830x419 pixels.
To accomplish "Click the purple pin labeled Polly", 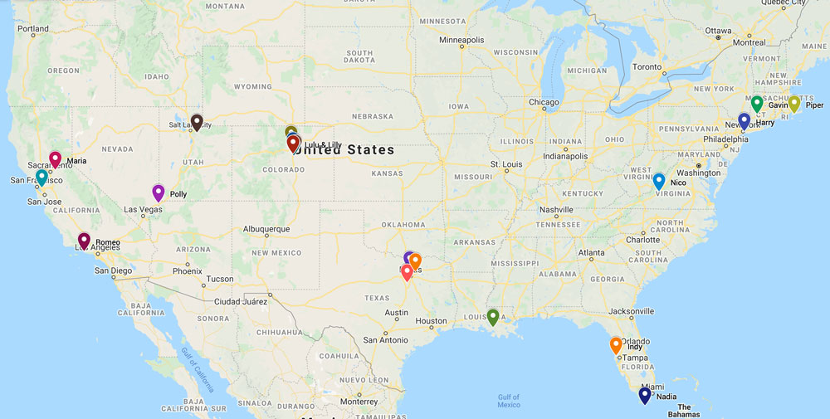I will tap(159, 192).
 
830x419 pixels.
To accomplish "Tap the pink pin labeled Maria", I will tap(56, 159).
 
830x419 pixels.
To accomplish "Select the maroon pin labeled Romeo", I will tap(84, 241).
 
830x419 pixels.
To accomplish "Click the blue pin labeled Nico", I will tap(659, 181).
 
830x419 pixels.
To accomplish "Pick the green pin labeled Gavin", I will tap(757, 104).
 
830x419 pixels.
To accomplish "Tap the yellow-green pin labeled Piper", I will tap(793, 104).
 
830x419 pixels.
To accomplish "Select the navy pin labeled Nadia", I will tap(645, 396).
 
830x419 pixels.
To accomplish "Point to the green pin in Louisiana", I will tap(493, 316).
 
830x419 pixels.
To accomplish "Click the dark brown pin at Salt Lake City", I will tap(197, 122).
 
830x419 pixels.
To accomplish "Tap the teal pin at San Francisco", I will tap(41, 177).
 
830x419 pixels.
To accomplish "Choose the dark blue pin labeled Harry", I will tap(744, 120).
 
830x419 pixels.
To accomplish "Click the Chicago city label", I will tap(544, 102).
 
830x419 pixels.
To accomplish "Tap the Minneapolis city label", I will tap(461, 40).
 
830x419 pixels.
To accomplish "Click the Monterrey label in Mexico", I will tap(359, 401).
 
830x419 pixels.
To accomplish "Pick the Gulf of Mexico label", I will tap(509, 401).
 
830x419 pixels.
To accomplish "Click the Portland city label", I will tap(33, 28).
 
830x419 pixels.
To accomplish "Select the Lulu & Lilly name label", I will tap(323, 145).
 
